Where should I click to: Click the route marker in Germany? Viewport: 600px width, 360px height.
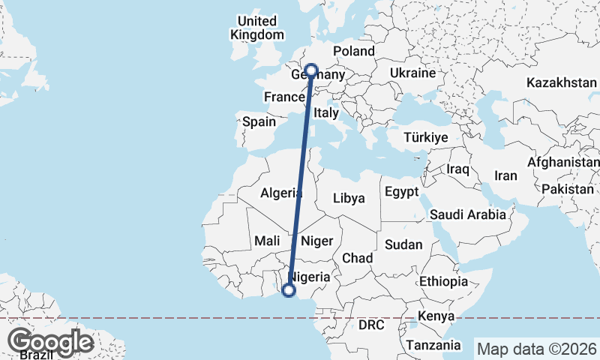coord(311,71)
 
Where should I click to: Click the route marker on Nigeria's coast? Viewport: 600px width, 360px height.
coord(289,291)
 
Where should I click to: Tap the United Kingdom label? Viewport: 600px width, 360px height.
coord(257,28)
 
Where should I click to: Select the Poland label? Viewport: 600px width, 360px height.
coord(353,51)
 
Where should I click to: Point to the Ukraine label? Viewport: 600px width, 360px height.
coord(412,73)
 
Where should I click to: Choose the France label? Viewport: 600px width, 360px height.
coord(283,97)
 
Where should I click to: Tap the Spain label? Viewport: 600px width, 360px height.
coord(259,121)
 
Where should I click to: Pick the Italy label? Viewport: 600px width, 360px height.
coord(327,112)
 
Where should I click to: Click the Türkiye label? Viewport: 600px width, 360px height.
coord(425,138)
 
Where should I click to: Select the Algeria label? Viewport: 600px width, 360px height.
coord(281,193)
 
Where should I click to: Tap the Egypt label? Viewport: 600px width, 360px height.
coord(401,192)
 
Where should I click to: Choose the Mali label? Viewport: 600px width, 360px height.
coord(267,241)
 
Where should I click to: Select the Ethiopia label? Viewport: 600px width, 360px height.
coord(443,281)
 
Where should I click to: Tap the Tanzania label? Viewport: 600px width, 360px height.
coord(433,345)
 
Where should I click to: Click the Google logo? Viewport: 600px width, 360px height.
coord(51,342)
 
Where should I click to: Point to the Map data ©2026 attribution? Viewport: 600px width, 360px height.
coord(536,349)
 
